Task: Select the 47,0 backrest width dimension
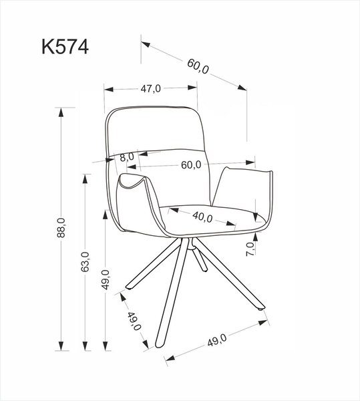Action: point(150,88)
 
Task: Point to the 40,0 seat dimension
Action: point(202,217)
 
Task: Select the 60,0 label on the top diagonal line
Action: point(198,67)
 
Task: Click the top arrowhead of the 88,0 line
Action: point(61,110)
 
